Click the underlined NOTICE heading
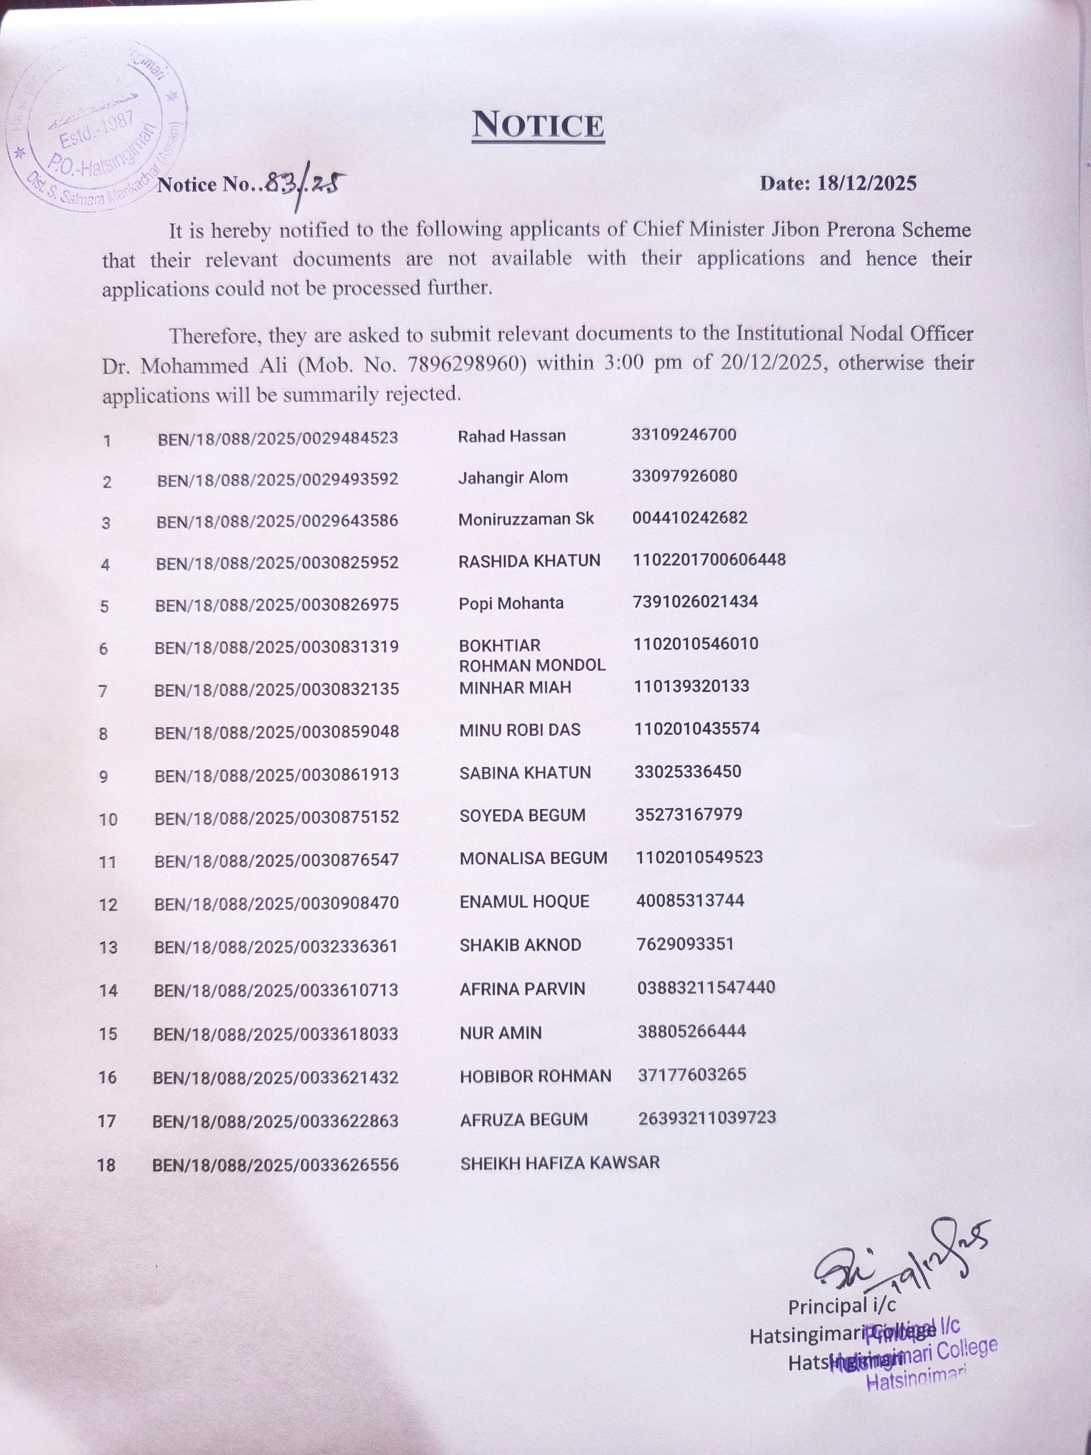point(538,125)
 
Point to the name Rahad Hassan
point(512,436)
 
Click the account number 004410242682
point(690,518)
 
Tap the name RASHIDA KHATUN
point(529,561)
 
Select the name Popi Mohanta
point(511,603)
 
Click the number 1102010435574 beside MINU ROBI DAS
point(696,729)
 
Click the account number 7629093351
point(685,944)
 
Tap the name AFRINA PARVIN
point(522,989)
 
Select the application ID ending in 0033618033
point(276,1033)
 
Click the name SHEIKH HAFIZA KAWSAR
point(560,1163)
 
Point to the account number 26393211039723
point(707,1118)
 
